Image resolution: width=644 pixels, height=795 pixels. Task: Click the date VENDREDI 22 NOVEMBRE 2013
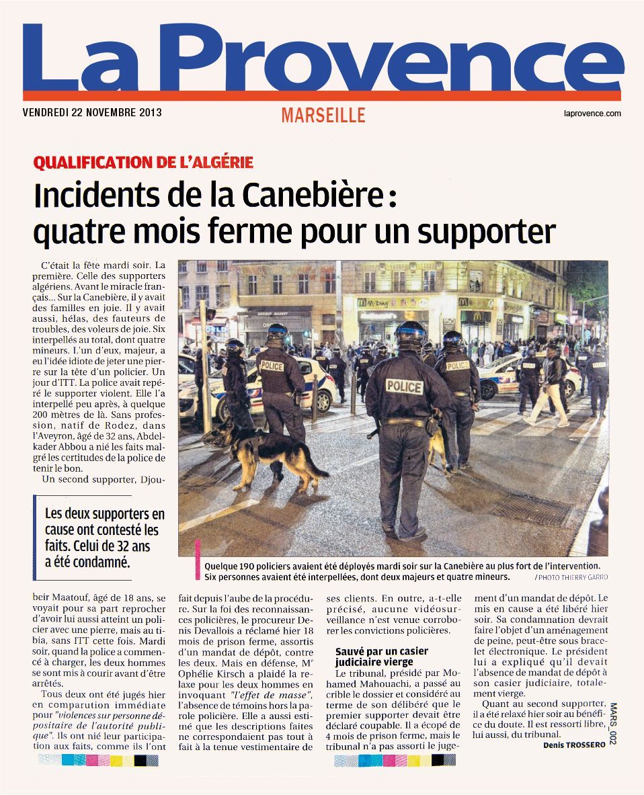coord(92,113)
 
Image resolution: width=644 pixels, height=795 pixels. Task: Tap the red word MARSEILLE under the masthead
coord(323,115)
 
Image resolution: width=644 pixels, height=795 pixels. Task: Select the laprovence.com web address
coord(592,114)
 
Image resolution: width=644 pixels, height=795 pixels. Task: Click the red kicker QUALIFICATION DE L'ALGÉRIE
coord(143,163)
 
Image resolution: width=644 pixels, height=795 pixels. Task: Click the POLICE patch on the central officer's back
coord(404,386)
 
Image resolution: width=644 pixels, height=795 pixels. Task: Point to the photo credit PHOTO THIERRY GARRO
coord(573,577)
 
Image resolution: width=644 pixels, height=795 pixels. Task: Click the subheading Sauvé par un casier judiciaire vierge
coord(382,656)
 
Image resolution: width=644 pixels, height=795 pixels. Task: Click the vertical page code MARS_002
coord(613,723)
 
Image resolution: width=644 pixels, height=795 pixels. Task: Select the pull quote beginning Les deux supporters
coord(104,538)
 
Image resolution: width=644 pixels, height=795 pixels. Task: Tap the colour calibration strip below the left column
coord(99,760)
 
